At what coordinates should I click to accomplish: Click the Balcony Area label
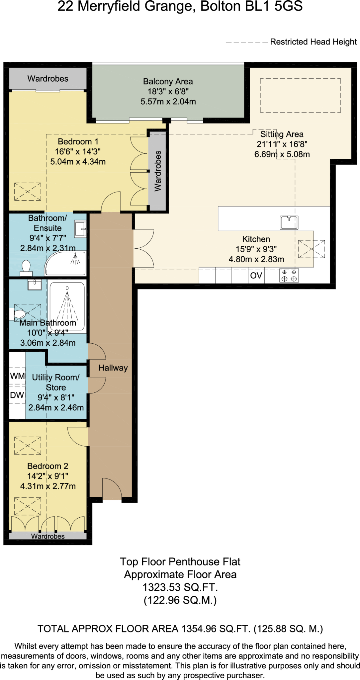tap(168, 81)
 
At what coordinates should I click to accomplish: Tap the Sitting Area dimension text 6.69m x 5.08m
tap(282, 154)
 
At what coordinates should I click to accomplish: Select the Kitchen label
tap(256, 239)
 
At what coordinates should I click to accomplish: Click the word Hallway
tap(113, 368)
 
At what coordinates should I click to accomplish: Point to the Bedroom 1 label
tap(78, 141)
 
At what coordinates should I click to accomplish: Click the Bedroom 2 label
tap(48, 466)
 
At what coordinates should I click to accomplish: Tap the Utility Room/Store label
tap(56, 382)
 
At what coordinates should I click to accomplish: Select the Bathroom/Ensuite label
tap(47, 223)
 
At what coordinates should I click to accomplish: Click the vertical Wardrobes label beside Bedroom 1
tap(158, 171)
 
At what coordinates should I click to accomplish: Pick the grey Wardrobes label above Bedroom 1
tap(48, 79)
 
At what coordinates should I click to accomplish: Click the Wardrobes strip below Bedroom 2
tap(48, 536)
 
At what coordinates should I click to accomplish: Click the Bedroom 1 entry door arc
tap(111, 202)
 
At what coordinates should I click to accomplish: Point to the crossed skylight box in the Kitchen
tap(306, 249)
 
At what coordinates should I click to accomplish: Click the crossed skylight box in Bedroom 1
tap(28, 192)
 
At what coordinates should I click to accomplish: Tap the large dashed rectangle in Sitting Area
tap(300, 96)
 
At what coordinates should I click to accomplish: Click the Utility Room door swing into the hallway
tap(97, 385)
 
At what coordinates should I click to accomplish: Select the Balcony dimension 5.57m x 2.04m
tap(168, 102)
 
